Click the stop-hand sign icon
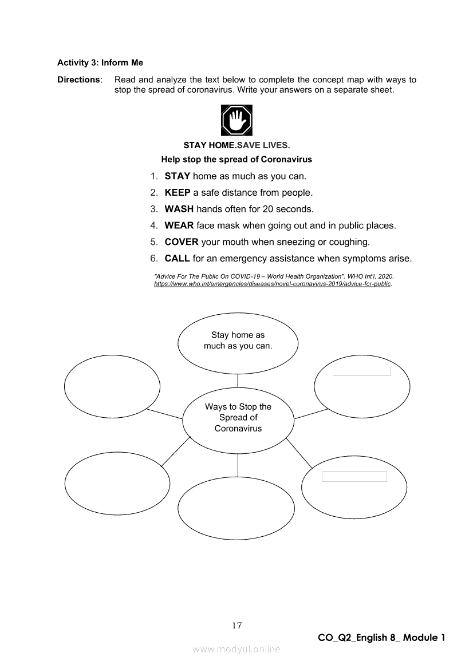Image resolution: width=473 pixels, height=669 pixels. coord(236,120)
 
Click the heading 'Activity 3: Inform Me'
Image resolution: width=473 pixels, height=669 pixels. coord(100,63)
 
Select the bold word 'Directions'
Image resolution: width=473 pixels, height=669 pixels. coord(79,80)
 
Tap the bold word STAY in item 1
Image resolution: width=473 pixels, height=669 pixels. coord(177,176)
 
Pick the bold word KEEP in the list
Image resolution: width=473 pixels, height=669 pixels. coord(177,193)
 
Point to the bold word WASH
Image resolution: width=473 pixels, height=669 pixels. coord(179,209)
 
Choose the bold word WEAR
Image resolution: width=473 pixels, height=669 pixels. coord(179,225)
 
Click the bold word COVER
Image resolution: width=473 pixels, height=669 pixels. coord(182,242)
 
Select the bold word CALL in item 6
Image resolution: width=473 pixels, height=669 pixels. coord(177,259)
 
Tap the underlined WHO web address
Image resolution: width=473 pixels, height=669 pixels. coord(273,284)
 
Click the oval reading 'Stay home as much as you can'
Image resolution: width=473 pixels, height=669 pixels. coord(238,341)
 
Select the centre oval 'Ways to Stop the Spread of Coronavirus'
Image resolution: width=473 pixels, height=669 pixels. coord(238,418)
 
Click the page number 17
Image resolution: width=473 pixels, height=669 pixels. coord(236,626)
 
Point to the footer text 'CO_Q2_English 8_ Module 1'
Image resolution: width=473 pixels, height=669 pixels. coord(381,638)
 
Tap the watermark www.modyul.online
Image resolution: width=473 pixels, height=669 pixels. coord(236,650)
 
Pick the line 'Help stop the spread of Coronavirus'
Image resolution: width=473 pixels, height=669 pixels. coord(236,159)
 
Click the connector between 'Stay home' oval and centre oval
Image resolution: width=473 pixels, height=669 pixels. coord(238,380)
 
